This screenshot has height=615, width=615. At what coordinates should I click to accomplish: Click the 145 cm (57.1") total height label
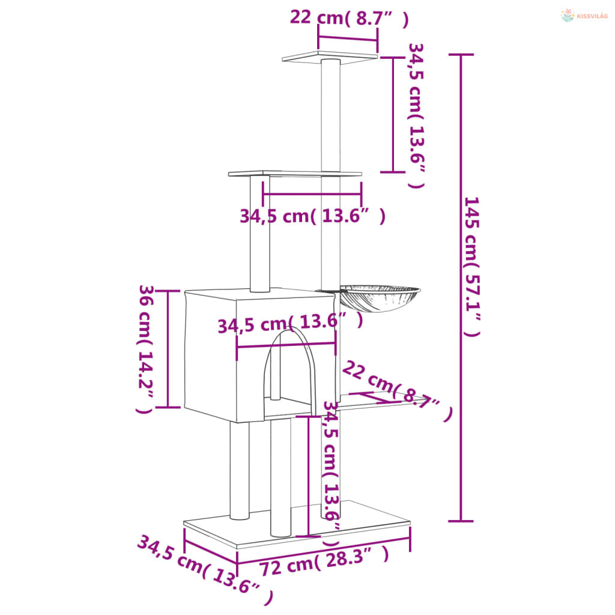point(472,267)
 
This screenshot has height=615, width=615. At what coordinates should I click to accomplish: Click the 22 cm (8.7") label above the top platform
point(349,18)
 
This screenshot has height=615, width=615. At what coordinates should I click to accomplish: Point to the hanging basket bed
point(379,298)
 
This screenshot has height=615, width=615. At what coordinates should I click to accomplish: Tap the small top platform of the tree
point(330,56)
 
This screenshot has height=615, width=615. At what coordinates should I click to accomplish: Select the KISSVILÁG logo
point(584,16)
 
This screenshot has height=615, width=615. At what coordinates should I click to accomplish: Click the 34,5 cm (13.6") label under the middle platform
point(312,216)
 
